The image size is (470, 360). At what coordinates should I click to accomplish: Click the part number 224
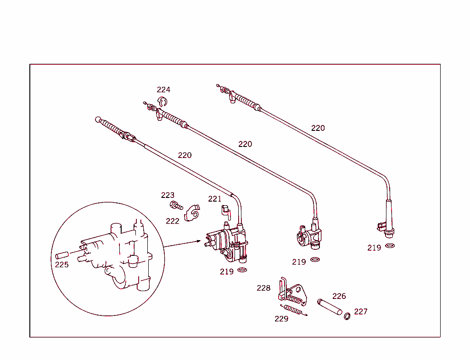(x=163, y=90)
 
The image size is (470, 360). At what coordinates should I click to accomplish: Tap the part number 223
(x=168, y=195)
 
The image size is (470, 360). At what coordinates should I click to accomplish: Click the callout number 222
(x=173, y=221)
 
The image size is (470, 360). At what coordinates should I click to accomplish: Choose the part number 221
(x=214, y=199)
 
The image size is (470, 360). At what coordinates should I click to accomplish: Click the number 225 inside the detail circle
(x=62, y=264)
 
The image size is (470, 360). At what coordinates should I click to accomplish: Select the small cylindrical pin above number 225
(x=62, y=254)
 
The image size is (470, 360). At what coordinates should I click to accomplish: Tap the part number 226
(x=339, y=296)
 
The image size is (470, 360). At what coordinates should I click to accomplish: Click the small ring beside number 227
(x=347, y=316)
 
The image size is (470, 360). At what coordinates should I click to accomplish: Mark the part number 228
(x=263, y=288)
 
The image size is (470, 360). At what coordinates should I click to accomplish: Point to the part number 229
(x=281, y=319)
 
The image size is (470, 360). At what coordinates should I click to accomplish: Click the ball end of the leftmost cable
(x=98, y=119)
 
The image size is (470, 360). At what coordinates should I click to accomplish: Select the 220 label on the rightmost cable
(x=318, y=128)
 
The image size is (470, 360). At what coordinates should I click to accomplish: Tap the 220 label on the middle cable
(x=245, y=144)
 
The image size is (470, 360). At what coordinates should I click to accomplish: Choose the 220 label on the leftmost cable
(x=185, y=155)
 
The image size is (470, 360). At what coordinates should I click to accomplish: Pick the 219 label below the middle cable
(x=299, y=262)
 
